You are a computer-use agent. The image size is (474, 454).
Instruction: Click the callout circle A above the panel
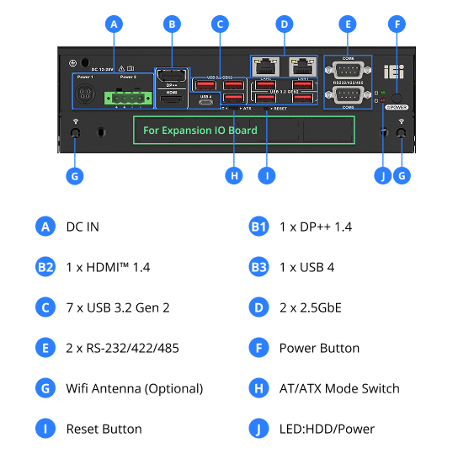coord(114,24)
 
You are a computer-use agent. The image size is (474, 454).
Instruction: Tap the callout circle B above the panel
coord(172,24)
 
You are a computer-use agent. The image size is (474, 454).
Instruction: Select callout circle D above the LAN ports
coord(285,24)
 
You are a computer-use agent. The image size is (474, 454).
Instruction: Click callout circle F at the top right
coord(397,24)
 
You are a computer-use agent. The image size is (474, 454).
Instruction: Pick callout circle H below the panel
coord(235,177)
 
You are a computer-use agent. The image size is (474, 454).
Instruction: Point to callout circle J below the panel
coord(384,177)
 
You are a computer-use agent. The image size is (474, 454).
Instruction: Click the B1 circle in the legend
coord(258,227)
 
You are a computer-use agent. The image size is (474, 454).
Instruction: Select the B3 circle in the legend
coord(258,267)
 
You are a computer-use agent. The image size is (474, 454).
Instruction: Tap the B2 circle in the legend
coord(45,267)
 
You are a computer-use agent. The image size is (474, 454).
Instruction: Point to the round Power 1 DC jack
coord(86,96)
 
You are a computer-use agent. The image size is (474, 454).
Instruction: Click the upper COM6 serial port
coord(347,71)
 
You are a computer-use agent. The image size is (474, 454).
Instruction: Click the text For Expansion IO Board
coord(200,131)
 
